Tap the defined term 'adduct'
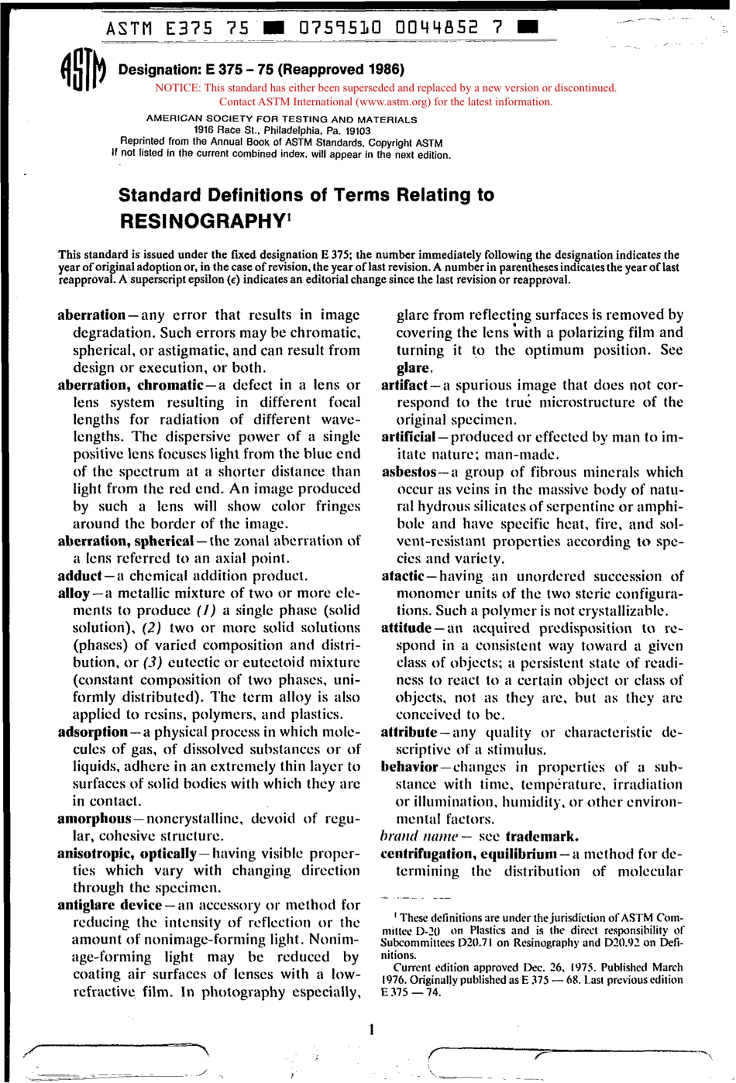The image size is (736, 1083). point(80,576)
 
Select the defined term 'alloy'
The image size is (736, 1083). point(74,593)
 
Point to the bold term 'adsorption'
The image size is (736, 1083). point(92,732)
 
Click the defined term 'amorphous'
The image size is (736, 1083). point(95,819)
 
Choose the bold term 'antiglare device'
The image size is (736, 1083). point(109,905)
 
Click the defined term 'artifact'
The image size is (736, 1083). point(404,385)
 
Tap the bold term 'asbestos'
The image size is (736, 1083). point(409,472)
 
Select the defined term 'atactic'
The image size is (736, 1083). point(403,576)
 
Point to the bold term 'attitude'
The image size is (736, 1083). point(406,628)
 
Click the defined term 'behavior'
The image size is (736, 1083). point(409,767)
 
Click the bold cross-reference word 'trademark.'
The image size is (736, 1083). point(542,837)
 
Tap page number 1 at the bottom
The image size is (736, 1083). point(372,1030)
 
